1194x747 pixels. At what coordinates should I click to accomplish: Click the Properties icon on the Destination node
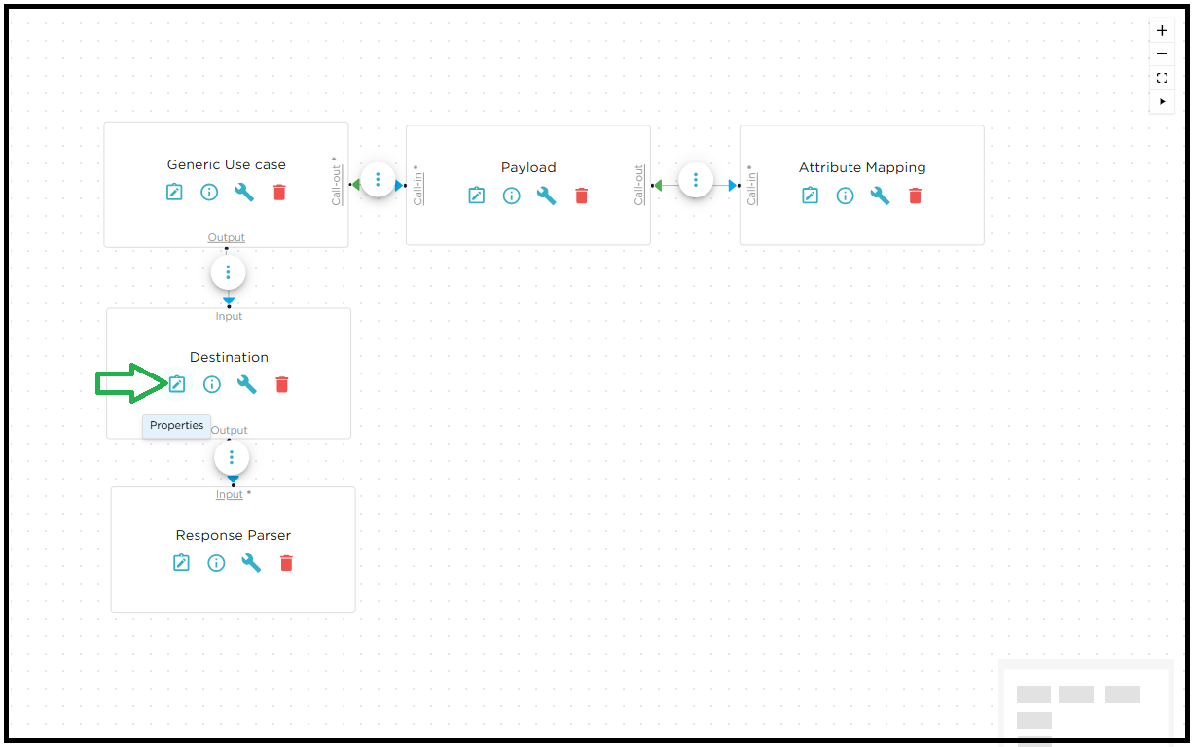[176, 384]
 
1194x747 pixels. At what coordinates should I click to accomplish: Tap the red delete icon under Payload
[582, 196]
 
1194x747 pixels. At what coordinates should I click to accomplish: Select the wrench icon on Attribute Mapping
[880, 196]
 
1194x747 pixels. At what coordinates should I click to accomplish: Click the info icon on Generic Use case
[209, 192]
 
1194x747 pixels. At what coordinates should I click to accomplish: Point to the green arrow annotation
[130, 383]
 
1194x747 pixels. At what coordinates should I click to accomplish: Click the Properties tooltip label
[177, 425]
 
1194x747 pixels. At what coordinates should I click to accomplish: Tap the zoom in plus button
[1162, 30]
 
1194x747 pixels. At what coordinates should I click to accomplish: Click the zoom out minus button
[1162, 54]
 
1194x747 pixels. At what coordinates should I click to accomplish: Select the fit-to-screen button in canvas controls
[1162, 78]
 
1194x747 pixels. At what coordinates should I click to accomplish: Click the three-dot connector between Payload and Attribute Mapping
[696, 180]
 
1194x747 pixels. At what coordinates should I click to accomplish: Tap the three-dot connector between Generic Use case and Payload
[378, 180]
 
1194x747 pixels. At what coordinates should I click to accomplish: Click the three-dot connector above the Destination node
[228, 272]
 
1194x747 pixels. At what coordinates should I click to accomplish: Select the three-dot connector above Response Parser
[232, 457]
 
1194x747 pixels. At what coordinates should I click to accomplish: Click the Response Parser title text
[234, 535]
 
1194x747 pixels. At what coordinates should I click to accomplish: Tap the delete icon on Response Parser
[286, 562]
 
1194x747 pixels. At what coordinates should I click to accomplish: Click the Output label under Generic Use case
[227, 237]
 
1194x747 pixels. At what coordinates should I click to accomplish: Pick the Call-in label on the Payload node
[418, 186]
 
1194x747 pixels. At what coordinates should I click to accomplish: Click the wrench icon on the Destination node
[247, 384]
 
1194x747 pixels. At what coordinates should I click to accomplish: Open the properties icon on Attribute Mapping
[810, 196]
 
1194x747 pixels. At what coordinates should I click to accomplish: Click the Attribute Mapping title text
[862, 167]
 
